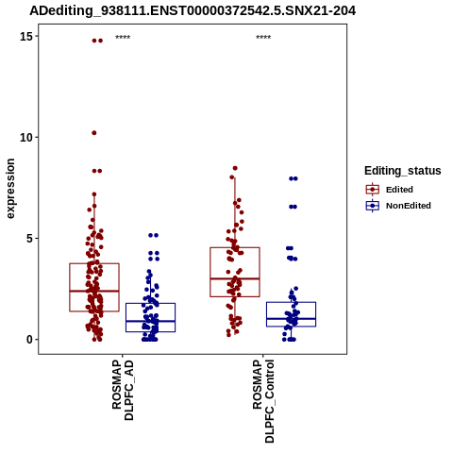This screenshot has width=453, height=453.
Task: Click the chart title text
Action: click(193, 10)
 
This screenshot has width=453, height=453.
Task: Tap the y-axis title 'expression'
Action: click(10, 189)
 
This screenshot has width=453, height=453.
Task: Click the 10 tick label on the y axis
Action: click(26, 138)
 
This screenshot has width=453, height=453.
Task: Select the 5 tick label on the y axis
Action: click(30, 239)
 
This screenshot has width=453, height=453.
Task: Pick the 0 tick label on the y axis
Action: click(30, 340)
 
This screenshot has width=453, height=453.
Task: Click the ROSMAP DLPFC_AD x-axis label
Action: click(123, 391)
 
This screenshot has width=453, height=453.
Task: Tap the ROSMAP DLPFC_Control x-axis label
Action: click(263, 401)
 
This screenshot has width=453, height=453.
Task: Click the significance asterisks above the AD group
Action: click(123, 38)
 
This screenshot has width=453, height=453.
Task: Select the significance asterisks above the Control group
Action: click(263, 38)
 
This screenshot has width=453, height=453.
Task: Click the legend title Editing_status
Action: click(403, 171)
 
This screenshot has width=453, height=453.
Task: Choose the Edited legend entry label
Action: click(399, 190)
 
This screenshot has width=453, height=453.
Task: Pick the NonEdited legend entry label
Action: click(409, 206)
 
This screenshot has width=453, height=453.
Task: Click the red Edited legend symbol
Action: click(373, 190)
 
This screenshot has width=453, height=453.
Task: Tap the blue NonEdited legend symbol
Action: click(373, 206)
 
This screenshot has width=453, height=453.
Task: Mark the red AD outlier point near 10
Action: click(94, 133)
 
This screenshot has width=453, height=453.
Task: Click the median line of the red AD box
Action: click(94, 291)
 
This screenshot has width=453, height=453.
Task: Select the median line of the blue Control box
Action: click(291, 319)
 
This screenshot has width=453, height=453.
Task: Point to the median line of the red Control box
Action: click(235, 278)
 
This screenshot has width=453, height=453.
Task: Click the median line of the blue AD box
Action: click(150, 321)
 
